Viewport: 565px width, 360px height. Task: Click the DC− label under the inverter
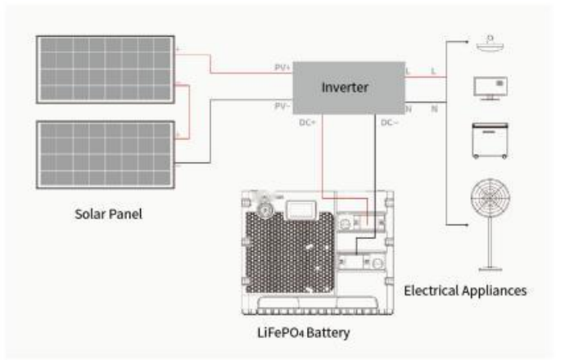click(x=389, y=122)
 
